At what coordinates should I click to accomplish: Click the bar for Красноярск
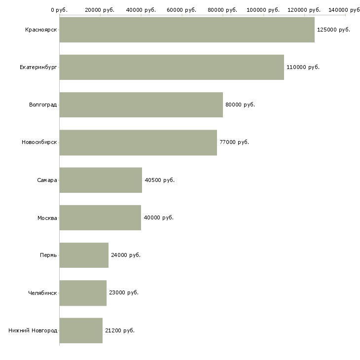pyautogui.click(x=187, y=30)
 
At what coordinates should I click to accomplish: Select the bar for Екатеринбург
pyautogui.click(x=172, y=67)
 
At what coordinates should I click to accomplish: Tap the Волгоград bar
pyautogui.click(x=141, y=105)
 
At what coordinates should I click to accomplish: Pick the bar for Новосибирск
pyautogui.click(x=138, y=143)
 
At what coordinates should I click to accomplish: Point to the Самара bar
pyautogui.click(x=101, y=180)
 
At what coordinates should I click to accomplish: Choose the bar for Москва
pyautogui.click(x=100, y=217)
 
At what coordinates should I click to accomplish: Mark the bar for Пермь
pyautogui.click(x=84, y=255)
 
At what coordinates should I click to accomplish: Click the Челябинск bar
pyautogui.click(x=83, y=292)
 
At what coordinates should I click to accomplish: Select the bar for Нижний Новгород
pyautogui.click(x=81, y=330)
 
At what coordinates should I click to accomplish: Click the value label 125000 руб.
pyautogui.click(x=333, y=30)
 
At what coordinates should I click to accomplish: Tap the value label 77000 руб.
pyautogui.click(x=234, y=143)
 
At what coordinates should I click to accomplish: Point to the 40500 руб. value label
pyautogui.click(x=159, y=180)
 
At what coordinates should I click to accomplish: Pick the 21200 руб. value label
pyautogui.click(x=120, y=330)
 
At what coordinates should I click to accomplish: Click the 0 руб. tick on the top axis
pyautogui.click(x=59, y=10)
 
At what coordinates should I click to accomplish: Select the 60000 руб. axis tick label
pyautogui.click(x=181, y=10)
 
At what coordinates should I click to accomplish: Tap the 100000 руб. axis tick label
pyautogui.click(x=263, y=10)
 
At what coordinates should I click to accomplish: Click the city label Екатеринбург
pyautogui.click(x=38, y=67)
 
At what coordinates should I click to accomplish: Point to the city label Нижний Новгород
pyautogui.click(x=33, y=330)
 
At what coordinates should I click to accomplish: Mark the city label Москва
pyautogui.click(x=47, y=217)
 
